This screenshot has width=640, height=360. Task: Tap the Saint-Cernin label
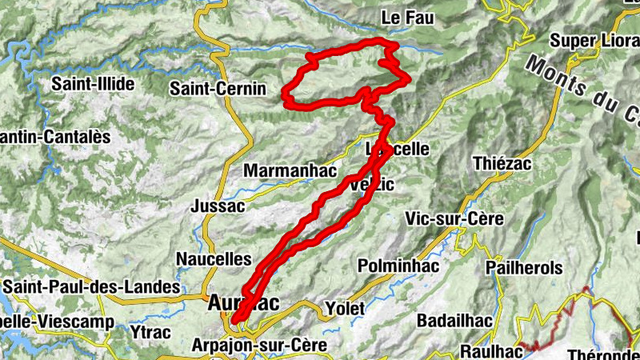pyautogui.click(x=218, y=90)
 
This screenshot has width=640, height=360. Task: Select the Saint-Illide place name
pyautogui.click(x=93, y=83)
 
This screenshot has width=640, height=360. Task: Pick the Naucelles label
pyautogui.click(x=214, y=259)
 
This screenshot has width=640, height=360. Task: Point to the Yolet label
pyautogui.click(x=345, y=308)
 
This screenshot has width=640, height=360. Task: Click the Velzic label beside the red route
pyautogui.click(x=373, y=186)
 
